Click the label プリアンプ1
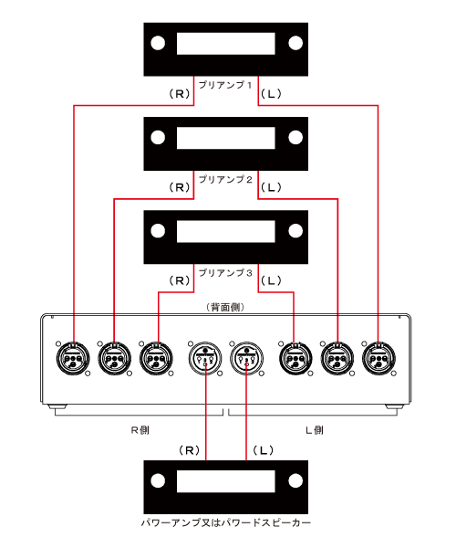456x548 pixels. pyautogui.click(x=225, y=85)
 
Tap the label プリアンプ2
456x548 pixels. pyautogui.click(x=225, y=180)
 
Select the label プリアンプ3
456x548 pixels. pyautogui.click(x=225, y=273)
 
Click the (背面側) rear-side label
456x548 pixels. pyautogui.click(x=225, y=307)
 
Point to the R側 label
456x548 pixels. pyautogui.click(x=140, y=430)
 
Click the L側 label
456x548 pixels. pyautogui.click(x=315, y=430)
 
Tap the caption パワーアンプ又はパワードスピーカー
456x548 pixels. pyautogui.click(x=226, y=522)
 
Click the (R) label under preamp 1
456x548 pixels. pyautogui.click(x=180, y=94)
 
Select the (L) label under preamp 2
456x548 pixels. pyautogui.click(x=271, y=187)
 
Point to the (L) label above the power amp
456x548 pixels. pyautogui.click(x=263, y=450)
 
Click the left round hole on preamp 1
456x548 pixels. pyautogui.click(x=158, y=43)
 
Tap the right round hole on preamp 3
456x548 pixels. pyautogui.click(x=295, y=231)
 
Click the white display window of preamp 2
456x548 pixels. pyautogui.click(x=226, y=138)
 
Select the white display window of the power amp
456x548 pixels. pyautogui.click(x=226, y=481)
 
